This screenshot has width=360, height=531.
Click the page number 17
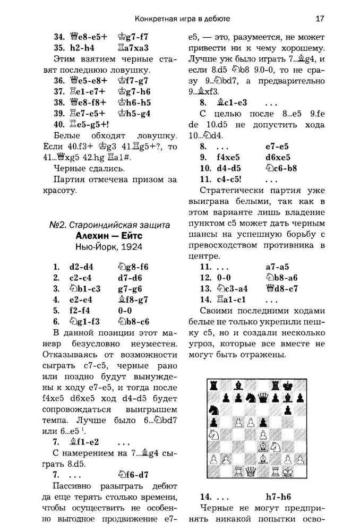320,19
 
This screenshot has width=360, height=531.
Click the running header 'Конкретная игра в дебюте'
183,19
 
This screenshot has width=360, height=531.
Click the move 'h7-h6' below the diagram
280,497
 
